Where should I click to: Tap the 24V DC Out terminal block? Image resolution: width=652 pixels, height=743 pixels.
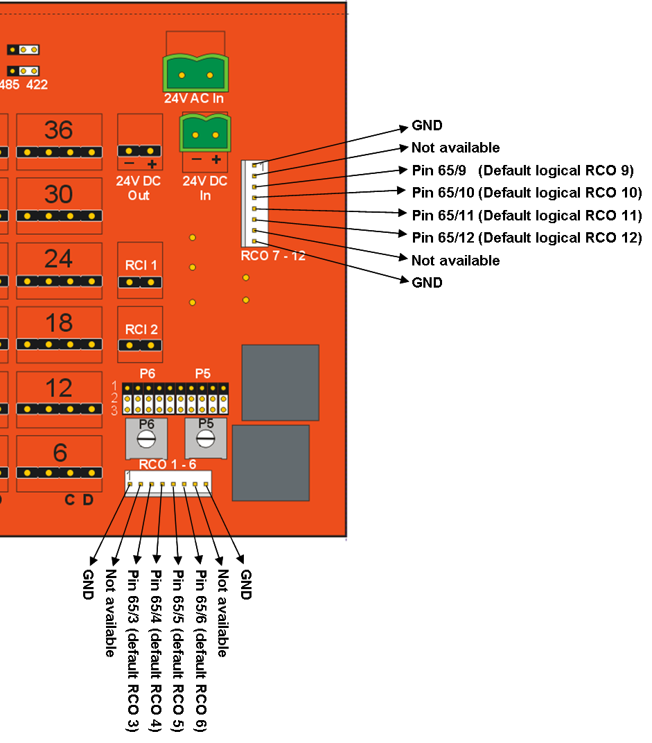(x=139, y=151)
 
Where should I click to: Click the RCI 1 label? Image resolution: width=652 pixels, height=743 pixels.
(x=141, y=265)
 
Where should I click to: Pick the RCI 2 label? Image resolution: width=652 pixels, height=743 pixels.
(x=141, y=329)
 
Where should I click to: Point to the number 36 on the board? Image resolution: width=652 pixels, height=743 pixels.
(x=58, y=130)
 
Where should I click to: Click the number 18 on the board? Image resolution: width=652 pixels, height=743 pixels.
(x=58, y=323)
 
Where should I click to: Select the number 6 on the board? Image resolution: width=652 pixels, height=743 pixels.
(x=60, y=453)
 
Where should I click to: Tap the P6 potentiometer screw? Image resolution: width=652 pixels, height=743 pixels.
(x=146, y=439)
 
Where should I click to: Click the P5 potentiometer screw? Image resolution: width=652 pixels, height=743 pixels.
(x=205, y=439)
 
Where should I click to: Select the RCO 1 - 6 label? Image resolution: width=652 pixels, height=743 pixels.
(x=167, y=464)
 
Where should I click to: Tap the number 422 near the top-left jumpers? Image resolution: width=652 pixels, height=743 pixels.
(x=37, y=85)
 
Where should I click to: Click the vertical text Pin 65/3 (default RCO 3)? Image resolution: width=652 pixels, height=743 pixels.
(x=133, y=651)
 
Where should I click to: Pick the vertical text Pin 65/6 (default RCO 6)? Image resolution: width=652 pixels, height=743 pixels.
(x=202, y=651)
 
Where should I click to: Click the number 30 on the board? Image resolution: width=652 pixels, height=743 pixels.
(x=58, y=194)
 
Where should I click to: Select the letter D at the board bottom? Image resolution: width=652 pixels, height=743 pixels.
(x=88, y=500)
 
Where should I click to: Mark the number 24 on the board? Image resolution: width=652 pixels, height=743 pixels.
(x=58, y=259)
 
